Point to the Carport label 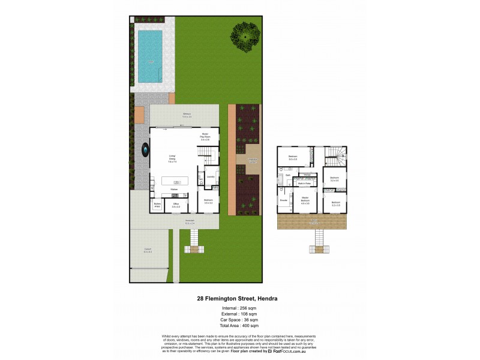[148, 251]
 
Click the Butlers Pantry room [157, 205]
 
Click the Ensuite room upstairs [283, 200]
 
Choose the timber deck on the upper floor [315, 223]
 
